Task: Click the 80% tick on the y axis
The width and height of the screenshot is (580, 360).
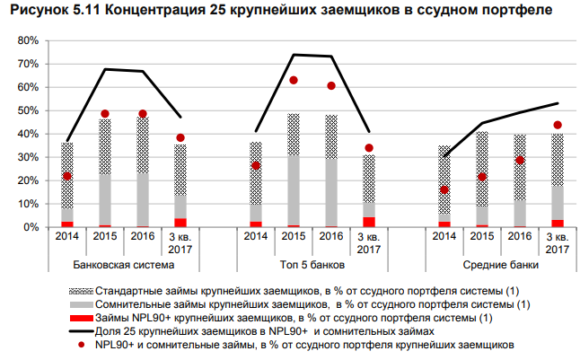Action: (x=28, y=41)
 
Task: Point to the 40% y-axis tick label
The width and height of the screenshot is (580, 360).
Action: (x=28, y=134)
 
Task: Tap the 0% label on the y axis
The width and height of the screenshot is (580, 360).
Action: (x=31, y=227)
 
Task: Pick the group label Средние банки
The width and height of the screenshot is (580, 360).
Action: (x=501, y=267)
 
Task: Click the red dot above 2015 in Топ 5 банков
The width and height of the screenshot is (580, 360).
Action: (x=294, y=80)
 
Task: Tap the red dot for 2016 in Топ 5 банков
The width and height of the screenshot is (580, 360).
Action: (x=331, y=86)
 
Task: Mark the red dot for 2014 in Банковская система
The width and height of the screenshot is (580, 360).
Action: (x=67, y=176)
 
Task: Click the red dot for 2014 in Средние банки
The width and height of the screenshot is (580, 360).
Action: (x=444, y=189)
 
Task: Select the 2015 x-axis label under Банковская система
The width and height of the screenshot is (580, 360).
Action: (x=105, y=237)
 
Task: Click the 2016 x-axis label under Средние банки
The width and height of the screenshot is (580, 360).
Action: (x=520, y=237)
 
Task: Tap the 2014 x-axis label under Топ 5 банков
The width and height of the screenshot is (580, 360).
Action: (x=256, y=237)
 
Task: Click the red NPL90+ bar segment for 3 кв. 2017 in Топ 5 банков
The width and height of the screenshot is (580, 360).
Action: (x=369, y=222)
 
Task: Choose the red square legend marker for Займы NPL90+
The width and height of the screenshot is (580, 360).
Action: (x=80, y=319)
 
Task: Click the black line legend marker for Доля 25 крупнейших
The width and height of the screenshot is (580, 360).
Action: (x=80, y=331)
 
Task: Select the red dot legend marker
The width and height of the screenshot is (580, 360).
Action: (x=80, y=344)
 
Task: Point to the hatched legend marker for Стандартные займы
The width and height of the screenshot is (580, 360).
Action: (x=80, y=293)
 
